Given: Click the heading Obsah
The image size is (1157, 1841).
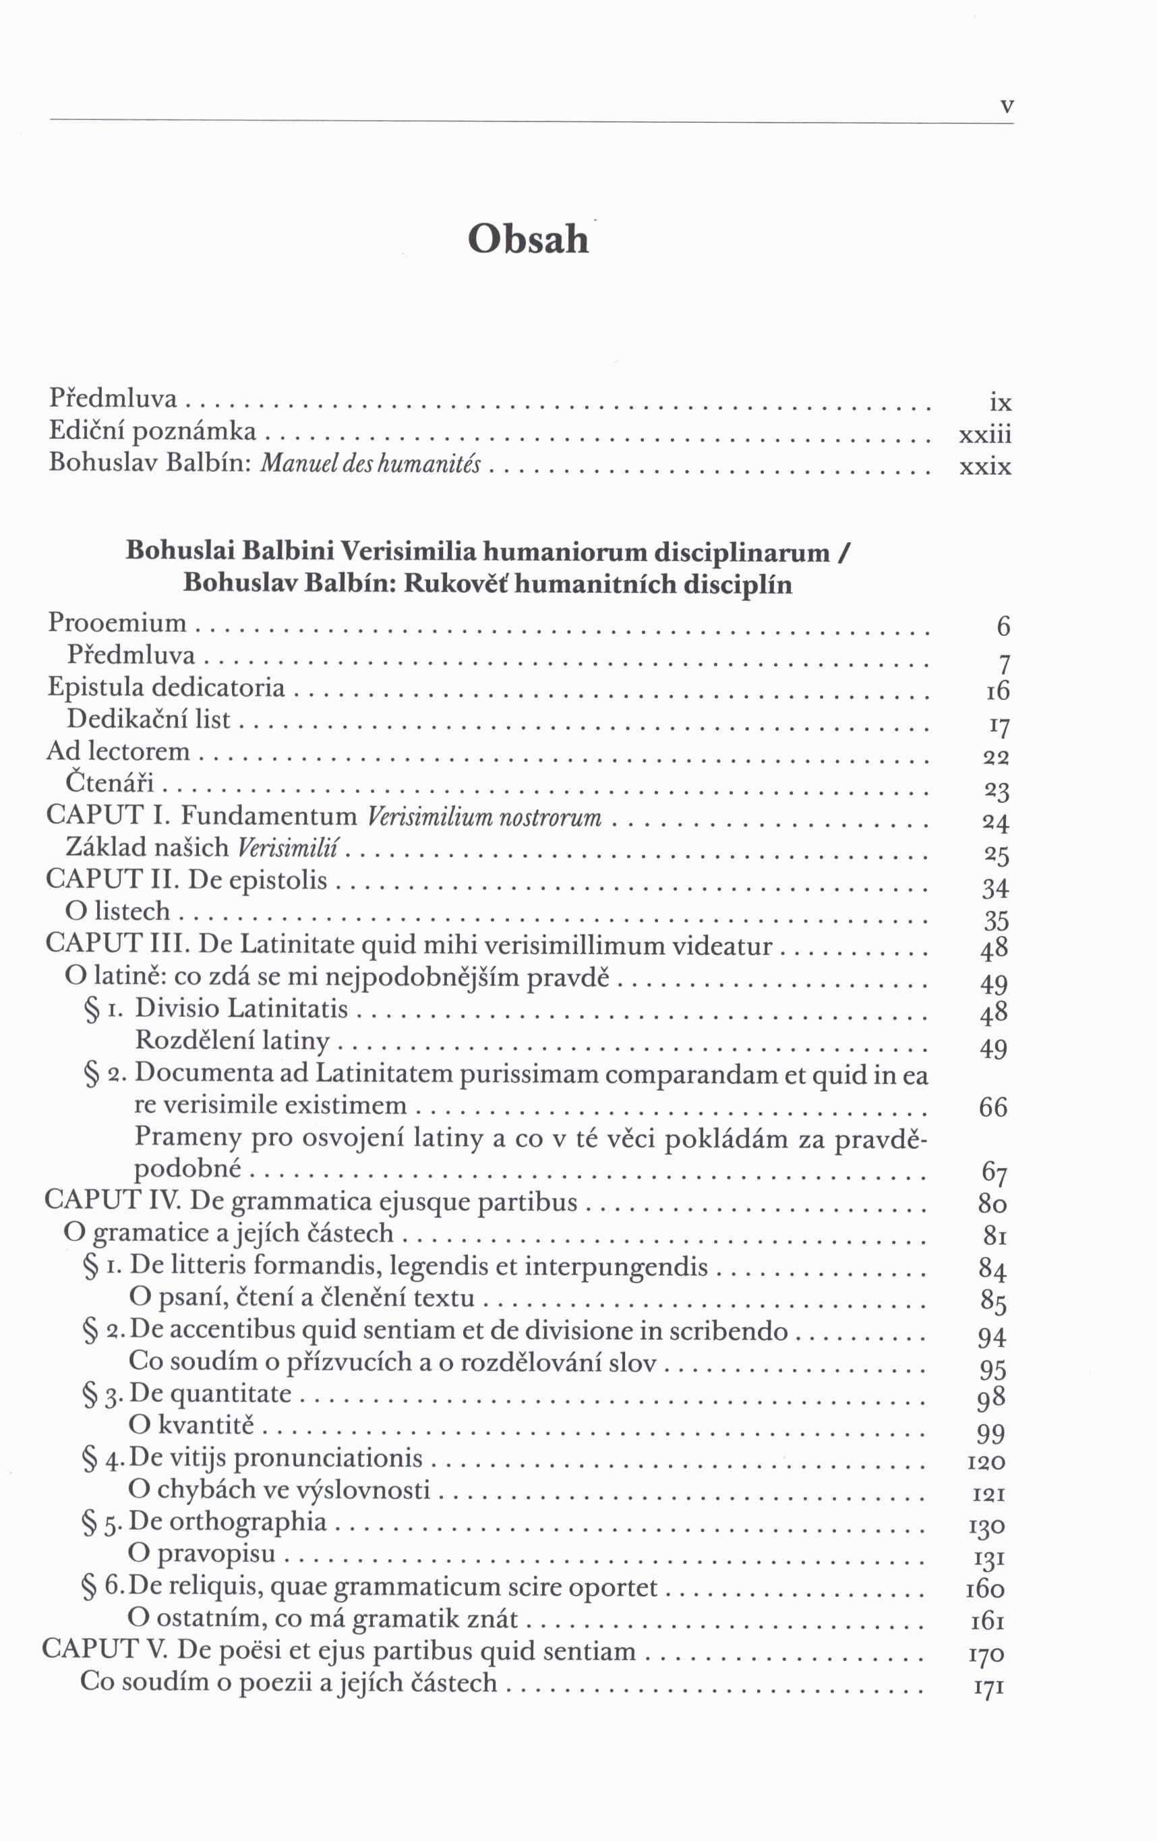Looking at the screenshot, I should coord(528,240).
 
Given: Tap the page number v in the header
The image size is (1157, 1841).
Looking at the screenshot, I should coord(1007,107).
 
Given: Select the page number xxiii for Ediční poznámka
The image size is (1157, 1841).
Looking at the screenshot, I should coord(985,435).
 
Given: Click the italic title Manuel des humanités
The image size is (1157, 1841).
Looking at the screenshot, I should coord(371,464).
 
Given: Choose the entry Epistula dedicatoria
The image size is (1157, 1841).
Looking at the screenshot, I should coord(167,687).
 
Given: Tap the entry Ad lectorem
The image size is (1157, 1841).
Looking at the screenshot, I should coord(119,751).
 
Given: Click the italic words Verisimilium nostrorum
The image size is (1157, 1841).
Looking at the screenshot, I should coord(485,817).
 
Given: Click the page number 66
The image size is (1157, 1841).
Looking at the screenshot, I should coord(992,1107).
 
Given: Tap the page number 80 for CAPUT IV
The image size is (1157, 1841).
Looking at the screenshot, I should coord(992,1205).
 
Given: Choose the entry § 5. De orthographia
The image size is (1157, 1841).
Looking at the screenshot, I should coord(205,1522).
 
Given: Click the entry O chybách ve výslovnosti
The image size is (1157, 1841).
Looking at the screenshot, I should coord(280,1490).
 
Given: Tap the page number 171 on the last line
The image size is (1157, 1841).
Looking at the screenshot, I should coord(989,1687).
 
